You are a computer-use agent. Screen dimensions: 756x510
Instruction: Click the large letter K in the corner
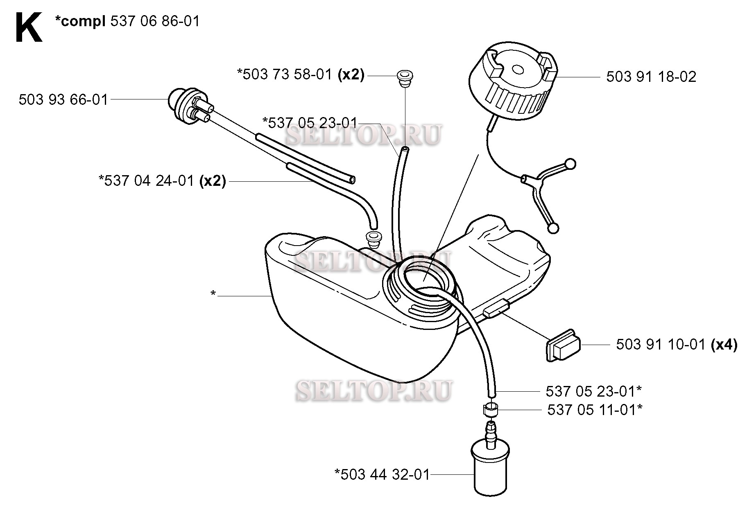pyautogui.click(x=29, y=27)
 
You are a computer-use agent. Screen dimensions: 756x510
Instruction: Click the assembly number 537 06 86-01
pyautogui.click(x=155, y=21)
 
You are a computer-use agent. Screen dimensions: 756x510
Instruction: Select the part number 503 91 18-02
pyautogui.click(x=651, y=77)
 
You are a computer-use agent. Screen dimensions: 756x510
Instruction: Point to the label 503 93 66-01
pyautogui.click(x=63, y=100)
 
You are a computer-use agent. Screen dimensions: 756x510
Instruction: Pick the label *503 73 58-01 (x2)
pyautogui.click(x=301, y=75)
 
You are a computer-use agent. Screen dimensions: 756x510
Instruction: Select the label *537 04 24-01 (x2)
pyautogui.click(x=162, y=181)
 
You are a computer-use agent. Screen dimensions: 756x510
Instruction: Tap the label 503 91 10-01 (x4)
pyautogui.click(x=677, y=345)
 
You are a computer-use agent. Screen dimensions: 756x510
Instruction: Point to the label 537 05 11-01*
pyautogui.click(x=595, y=409)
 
